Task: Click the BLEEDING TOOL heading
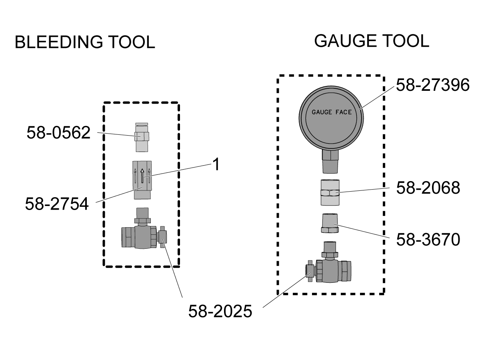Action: click(x=85, y=42)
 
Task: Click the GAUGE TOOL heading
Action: click(x=372, y=41)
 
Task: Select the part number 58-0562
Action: click(x=58, y=132)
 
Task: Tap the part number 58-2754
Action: click(x=57, y=204)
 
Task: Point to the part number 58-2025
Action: click(x=220, y=311)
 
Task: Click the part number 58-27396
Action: click(x=432, y=85)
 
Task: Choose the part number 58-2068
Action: click(x=428, y=188)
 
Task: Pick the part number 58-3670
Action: click(x=428, y=240)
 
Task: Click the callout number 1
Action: click(x=216, y=164)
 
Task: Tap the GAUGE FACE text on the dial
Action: click(x=332, y=112)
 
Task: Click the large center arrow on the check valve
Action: click(x=142, y=176)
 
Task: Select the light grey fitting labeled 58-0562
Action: click(x=142, y=137)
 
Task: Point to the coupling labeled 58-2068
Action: click(x=330, y=192)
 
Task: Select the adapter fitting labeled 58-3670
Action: click(x=330, y=223)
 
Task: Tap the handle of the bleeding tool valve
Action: click(x=163, y=237)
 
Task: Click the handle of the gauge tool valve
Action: click(x=310, y=271)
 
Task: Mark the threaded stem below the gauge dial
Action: click(x=330, y=162)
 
